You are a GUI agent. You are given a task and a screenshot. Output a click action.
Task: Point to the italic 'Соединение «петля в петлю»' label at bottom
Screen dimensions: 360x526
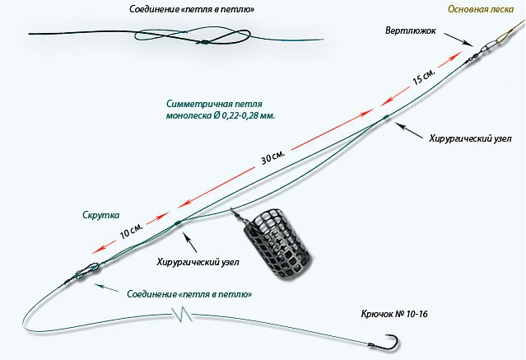189,293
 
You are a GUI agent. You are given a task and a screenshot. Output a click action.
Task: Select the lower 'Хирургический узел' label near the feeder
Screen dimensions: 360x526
198,262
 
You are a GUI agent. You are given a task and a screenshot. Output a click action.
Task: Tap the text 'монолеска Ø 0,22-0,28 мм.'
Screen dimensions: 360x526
221,117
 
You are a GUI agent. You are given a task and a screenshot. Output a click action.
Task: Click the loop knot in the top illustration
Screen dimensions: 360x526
198,39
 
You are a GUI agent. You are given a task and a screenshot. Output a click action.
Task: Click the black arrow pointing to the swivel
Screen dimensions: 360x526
459,40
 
